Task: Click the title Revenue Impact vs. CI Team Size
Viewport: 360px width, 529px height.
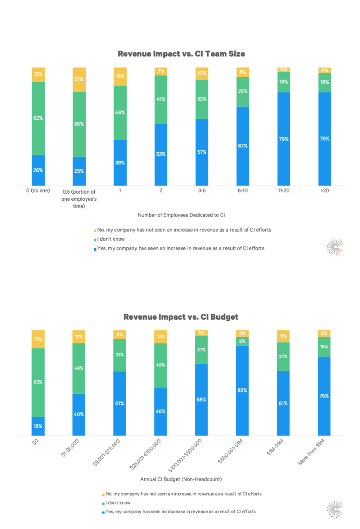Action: [181, 54]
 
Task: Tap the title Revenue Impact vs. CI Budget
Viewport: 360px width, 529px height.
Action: [181, 317]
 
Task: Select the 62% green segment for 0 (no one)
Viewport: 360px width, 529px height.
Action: [38, 118]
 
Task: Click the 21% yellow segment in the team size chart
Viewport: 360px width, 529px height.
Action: [79, 79]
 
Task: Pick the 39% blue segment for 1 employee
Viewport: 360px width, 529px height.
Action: [120, 163]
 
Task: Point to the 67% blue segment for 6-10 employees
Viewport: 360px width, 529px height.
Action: [243, 146]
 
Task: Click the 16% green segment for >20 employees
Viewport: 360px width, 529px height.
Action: [325, 82]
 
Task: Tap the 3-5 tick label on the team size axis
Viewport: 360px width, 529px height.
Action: [202, 191]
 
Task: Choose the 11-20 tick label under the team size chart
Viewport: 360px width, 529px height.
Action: [283, 191]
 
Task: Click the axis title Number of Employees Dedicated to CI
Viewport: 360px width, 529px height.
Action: [181, 215]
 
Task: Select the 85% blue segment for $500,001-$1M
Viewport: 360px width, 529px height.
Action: [242, 390]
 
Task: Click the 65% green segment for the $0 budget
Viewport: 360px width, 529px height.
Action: [38, 382]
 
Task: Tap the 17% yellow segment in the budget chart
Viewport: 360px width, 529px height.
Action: [38, 339]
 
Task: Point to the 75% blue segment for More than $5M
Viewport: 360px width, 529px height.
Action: [324, 396]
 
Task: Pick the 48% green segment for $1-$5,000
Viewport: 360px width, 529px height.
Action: [79, 368]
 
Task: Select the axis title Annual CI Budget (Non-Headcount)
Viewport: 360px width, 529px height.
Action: [181, 479]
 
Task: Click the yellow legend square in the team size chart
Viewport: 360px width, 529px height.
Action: [95, 231]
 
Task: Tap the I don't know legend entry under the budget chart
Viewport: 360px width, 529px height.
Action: [118, 503]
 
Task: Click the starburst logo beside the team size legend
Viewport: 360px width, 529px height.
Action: [335, 247]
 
